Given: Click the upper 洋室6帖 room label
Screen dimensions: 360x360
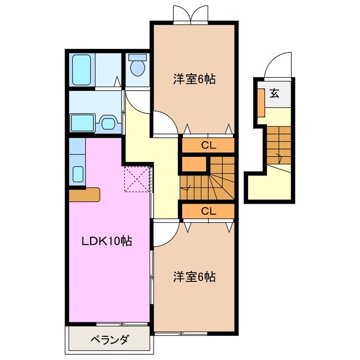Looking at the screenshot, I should click(x=194, y=79).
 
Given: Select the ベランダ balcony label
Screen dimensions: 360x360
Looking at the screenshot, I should click(x=110, y=340).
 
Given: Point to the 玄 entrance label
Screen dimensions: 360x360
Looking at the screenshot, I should click(x=274, y=93).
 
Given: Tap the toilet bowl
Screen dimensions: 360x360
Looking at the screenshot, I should click(x=137, y=67).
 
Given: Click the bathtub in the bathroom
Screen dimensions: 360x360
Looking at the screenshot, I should click(x=82, y=70).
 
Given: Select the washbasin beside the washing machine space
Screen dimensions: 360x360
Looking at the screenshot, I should click(x=108, y=122).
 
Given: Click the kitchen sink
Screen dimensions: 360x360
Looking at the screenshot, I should click(x=78, y=174).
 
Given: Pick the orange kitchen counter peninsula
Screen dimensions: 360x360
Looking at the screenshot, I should click(x=84, y=194).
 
